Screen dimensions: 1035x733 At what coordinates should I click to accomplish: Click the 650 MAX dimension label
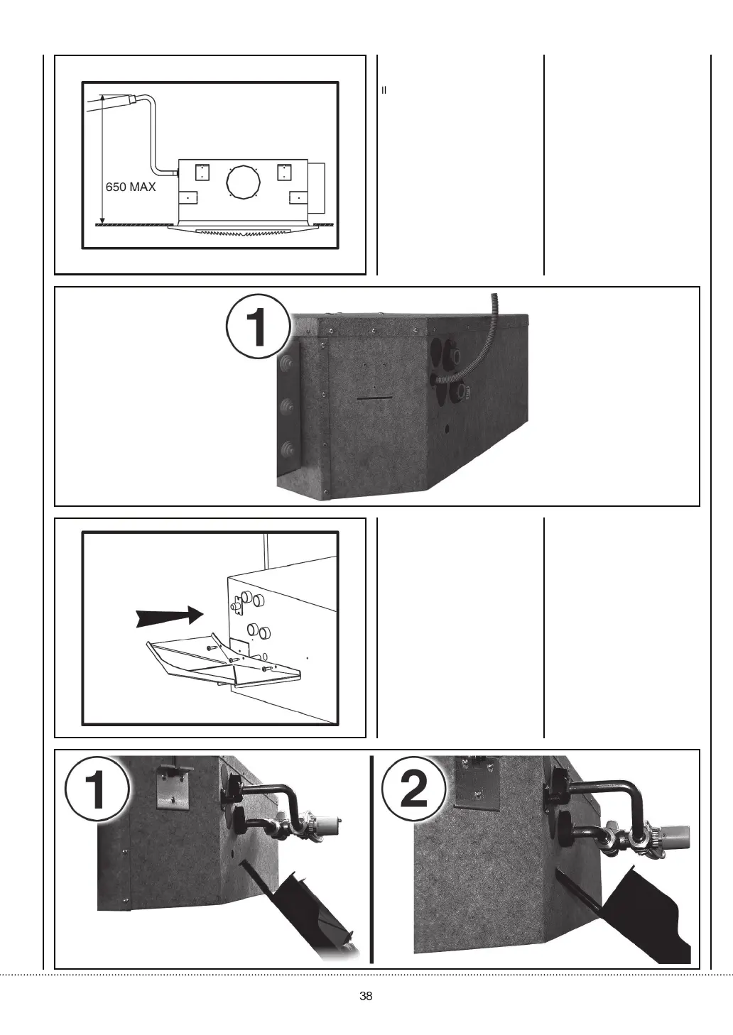pos(131,187)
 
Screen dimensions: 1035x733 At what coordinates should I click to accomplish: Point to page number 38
pos(366,995)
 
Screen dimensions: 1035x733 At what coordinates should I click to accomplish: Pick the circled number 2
pos(414,790)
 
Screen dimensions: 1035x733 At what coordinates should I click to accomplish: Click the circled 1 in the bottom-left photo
pos(96,792)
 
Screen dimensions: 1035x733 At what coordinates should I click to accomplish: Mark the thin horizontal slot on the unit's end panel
pos(376,399)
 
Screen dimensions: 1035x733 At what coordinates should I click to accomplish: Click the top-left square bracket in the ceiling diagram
pos(202,172)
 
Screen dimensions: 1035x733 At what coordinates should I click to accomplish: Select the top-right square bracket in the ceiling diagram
pos(285,172)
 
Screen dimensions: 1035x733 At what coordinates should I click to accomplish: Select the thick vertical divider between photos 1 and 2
pos(371,859)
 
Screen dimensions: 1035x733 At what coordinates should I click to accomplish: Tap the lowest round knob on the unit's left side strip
pos(288,449)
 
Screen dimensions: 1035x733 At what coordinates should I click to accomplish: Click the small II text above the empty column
pos(384,90)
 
